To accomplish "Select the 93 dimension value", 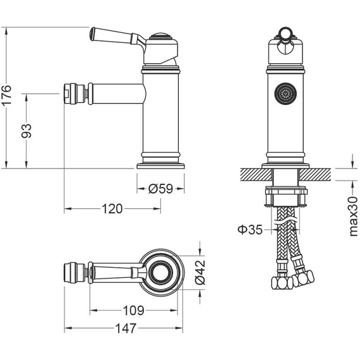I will point(26,130).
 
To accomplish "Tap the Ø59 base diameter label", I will point(160,188).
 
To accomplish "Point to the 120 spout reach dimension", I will point(112,209).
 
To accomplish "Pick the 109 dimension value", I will point(134,310).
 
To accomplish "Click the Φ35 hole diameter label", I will point(250,229).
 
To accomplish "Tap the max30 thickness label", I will point(353,215).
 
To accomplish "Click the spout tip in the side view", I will point(69,93).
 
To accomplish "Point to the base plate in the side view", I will point(161,165).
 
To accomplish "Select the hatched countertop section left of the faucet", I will point(253,173).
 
